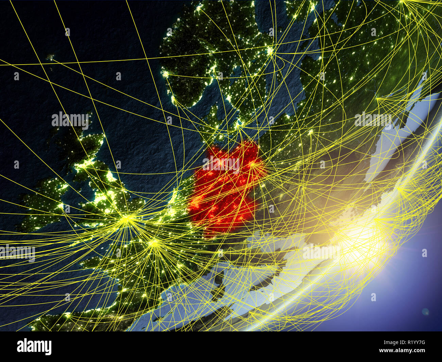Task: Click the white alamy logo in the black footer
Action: pyautogui.click(x=34, y=347)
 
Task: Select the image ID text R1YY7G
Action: pyautogui.click(x=412, y=342)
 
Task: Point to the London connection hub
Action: pyautogui.click(x=127, y=219)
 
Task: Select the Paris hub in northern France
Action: pyautogui.click(x=154, y=243)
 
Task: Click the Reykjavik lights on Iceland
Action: pyautogui.click(x=51, y=57)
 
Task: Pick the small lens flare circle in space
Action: pyautogui.click(x=425, y=311)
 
